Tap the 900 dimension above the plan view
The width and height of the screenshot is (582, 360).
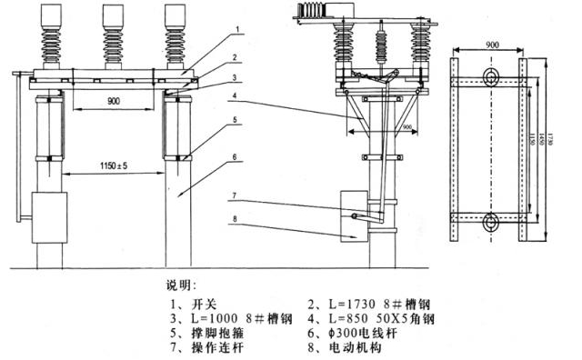(492, 43)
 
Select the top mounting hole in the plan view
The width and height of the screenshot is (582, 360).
(492, 75)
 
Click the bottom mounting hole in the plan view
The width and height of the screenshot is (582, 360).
(492, 219)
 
